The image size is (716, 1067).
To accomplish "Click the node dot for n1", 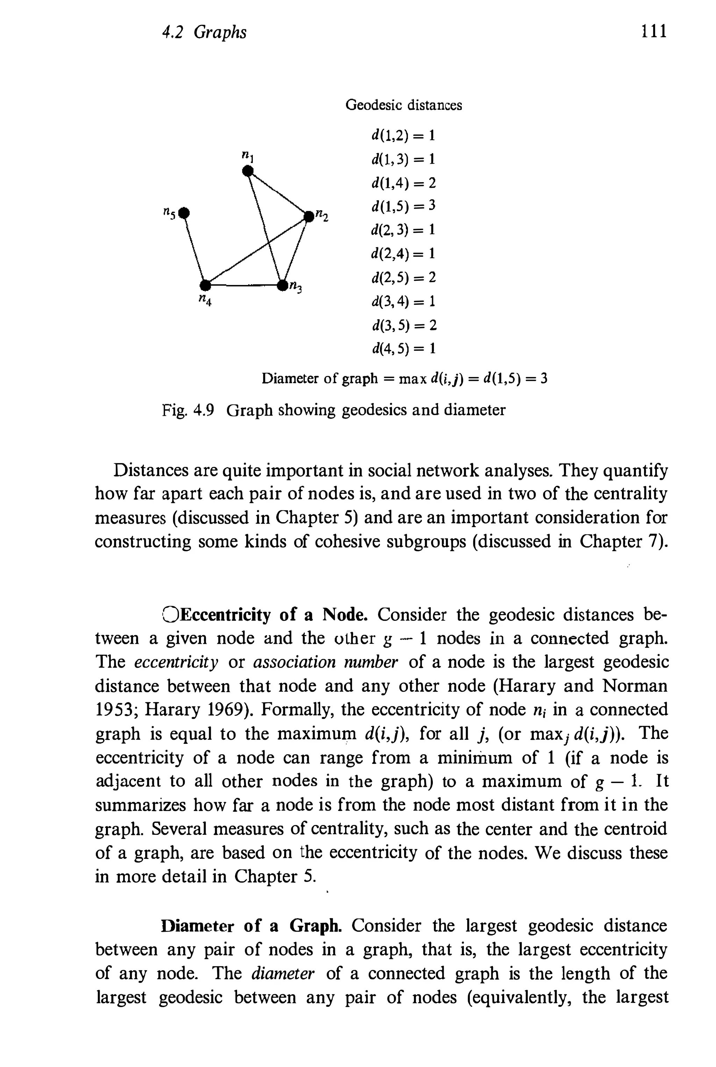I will pyautogui.click(x=248, y=171).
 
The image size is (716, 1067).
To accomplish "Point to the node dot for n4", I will pyautogui.click(x=206, y=285).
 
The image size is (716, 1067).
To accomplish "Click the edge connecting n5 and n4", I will pyautogui.click(x=195, y=249).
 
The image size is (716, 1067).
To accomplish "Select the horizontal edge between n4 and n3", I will pyautogui.click(x=244, y=285).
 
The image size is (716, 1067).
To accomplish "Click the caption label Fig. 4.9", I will pyautogui.click(x=188, y=410).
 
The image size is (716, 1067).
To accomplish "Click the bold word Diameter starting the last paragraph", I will pyautogui.click(x=198, y=925).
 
